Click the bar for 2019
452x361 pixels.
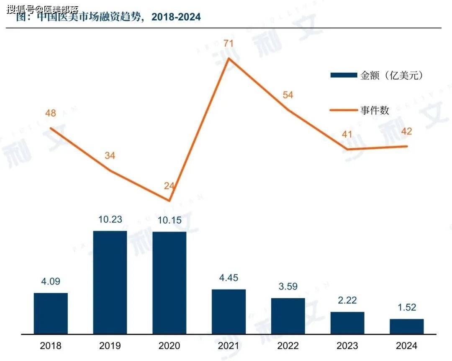tap(110, 282)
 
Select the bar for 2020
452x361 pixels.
tap(169, 282)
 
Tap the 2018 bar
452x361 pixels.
tap(51, 313)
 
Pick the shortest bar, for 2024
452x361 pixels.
tap(406, 326)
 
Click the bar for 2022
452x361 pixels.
tap(288, 315)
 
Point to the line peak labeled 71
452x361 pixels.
tap(229, 58)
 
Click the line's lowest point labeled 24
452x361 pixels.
tap(169, 201)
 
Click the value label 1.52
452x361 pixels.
tap(406, 308)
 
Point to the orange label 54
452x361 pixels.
tap(288, 95)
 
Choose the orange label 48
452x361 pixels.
tap(50, 113)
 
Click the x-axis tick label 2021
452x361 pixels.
tap(229, 346)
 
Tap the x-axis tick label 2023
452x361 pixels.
tap(347, 346)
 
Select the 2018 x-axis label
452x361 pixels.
tap(51, 346)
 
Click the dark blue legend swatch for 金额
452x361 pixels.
tap(344, 75)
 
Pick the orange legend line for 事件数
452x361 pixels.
tap(344, 110)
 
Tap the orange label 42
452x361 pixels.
tap(406, 132)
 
